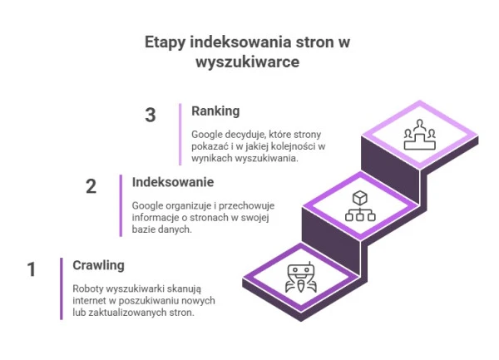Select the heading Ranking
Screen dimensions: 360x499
tap(215, 111)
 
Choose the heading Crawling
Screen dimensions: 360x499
tap(98, 265)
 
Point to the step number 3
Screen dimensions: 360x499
tap(151, 116)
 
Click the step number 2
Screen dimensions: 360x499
tap(91, 186)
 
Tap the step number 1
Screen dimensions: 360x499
tap(32, 269)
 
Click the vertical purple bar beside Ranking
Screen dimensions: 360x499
tap(180, 134)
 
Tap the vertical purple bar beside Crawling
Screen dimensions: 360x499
tap(61, 288)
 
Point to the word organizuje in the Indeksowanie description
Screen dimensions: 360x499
tap(190, 205)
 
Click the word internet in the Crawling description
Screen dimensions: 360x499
tap(90, 301)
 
